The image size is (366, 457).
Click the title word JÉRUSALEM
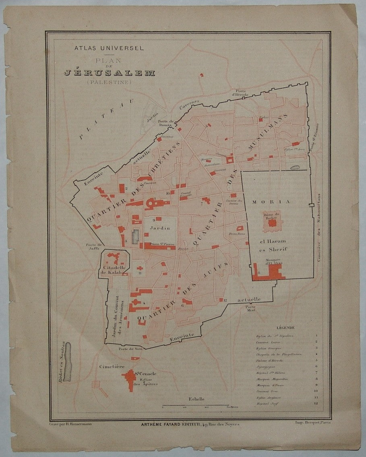110,73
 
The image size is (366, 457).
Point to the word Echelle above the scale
196,399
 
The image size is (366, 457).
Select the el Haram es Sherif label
273,244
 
